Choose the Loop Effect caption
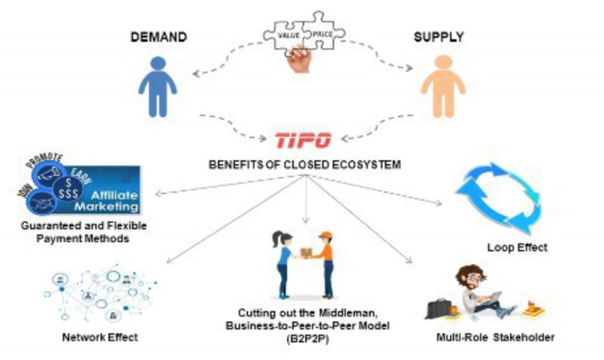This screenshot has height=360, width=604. (x=516, y=247)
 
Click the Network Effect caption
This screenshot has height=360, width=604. (x=100, y=337)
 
